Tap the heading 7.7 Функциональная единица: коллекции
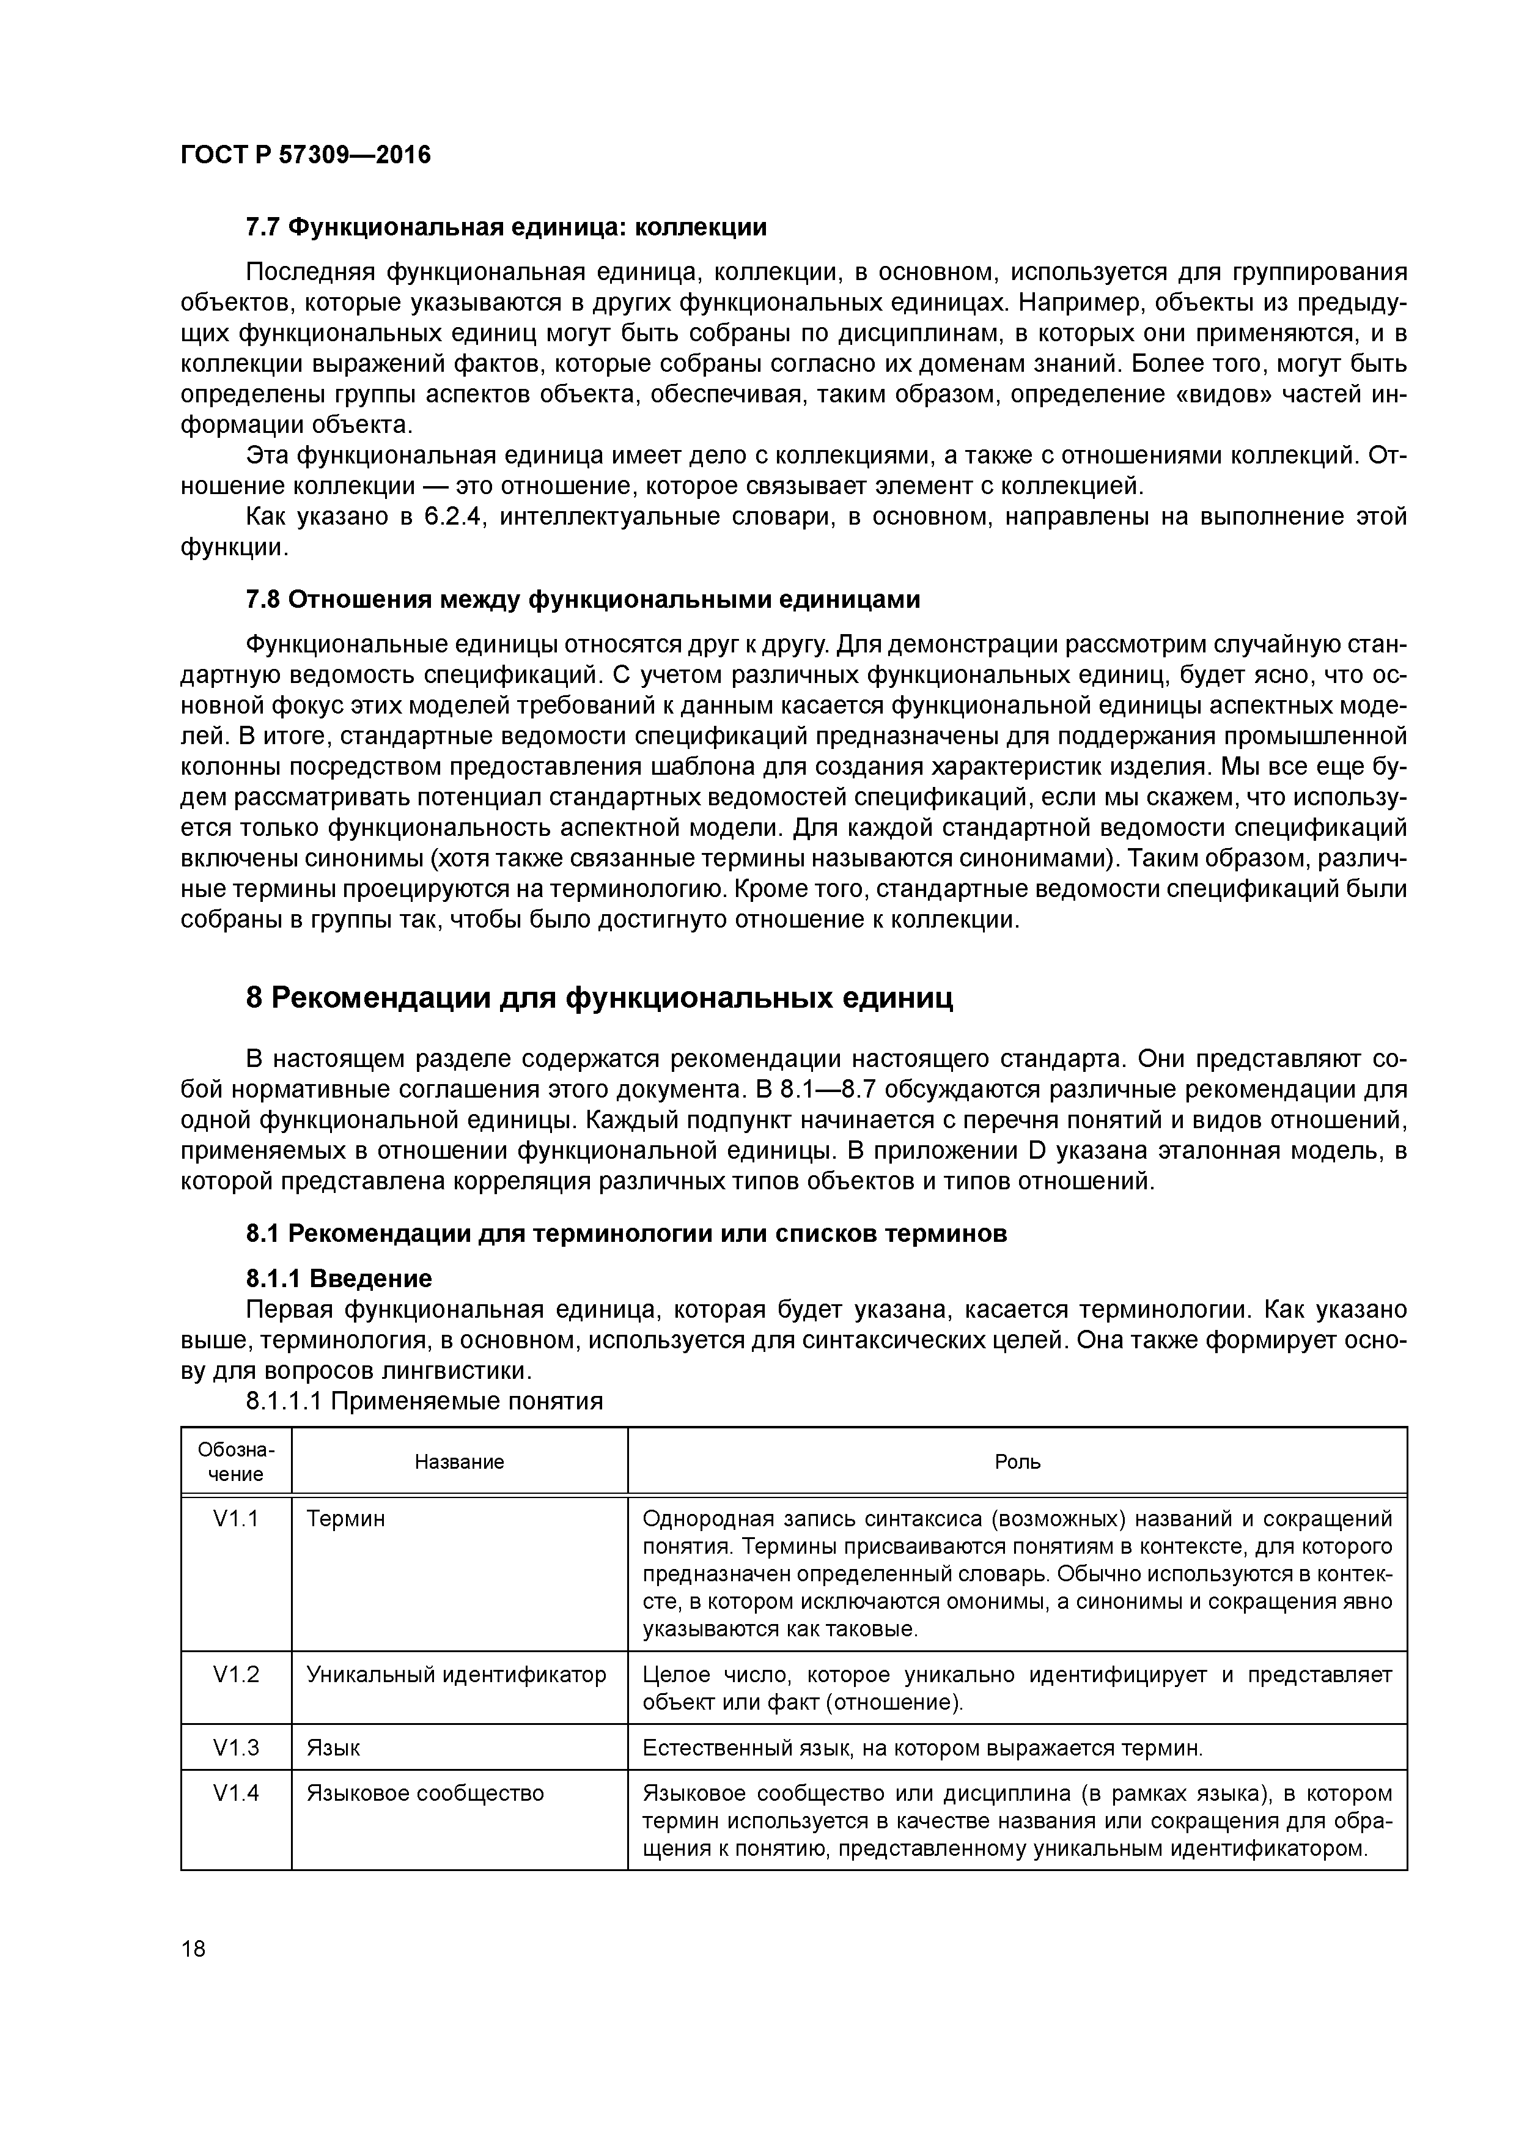(506, 227)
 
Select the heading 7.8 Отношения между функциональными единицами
(582, 600)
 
